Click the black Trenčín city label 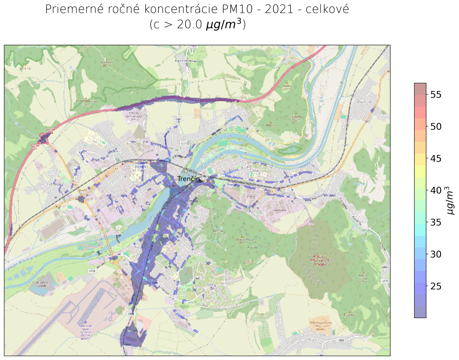pos(188,179)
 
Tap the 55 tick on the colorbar pos(436,95)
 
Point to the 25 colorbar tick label pos(436,286)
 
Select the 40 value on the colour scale pos(436,190)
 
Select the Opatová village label pos(364,102)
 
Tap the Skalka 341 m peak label pos(286,87)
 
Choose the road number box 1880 pos(340,340)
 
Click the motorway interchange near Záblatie pos(44,139)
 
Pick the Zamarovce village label pos(233,118)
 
